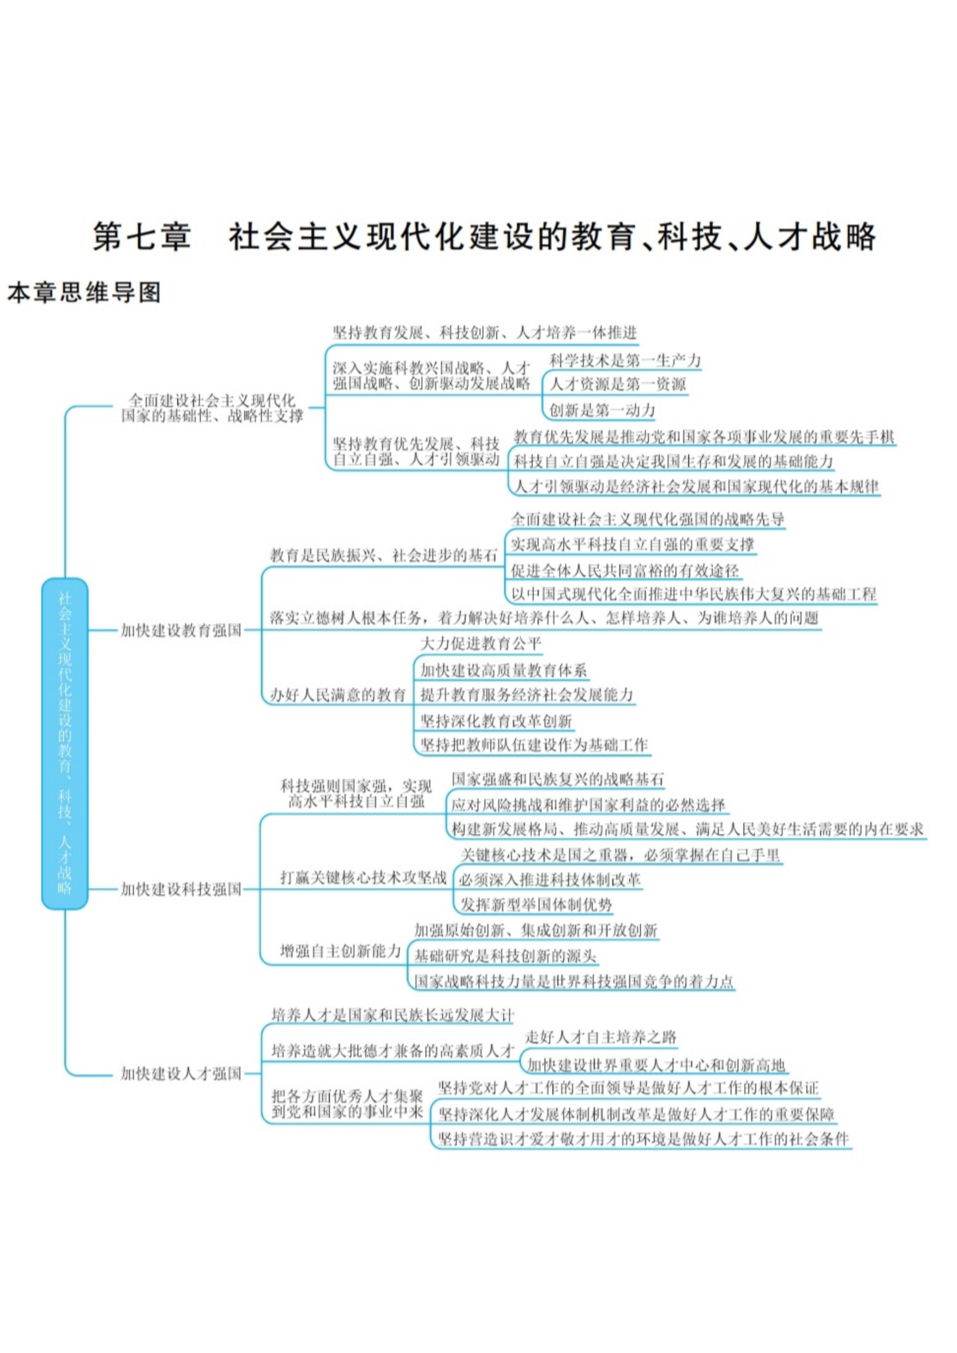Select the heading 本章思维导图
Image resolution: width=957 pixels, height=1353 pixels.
(x=84, y=292)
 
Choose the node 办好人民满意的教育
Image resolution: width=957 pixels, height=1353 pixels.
(x=338, y=695)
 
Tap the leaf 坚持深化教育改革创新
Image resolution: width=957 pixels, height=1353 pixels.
(x=496, y=720)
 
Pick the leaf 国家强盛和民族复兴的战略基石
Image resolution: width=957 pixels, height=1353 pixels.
(x=558, y=779)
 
